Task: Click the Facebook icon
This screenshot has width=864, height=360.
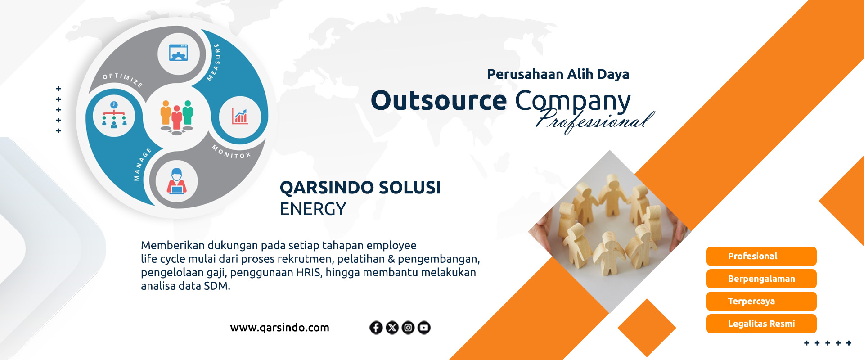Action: point(376,328)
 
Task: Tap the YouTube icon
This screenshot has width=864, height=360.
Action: point(424,328)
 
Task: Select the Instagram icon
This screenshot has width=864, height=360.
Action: point(408,328)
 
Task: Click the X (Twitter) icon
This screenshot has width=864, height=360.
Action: point(392,328)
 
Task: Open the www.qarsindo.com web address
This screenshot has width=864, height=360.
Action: point(279,328)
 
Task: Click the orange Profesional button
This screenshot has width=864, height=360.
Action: point(761,256)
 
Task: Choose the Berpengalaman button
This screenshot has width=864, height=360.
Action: point(761,279)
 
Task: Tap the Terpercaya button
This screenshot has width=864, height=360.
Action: point(761,301)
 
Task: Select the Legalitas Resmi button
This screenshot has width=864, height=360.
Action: point(761,324)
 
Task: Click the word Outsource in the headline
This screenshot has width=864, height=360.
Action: point(439,100)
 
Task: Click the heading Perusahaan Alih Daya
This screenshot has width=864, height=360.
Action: point(558,74)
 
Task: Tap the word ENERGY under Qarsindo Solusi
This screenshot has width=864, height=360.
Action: point(313,209)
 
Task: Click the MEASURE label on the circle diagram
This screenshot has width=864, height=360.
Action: point(214,63)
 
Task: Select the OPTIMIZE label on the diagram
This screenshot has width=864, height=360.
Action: point(123,80)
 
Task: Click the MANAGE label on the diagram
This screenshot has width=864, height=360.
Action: point(142,164)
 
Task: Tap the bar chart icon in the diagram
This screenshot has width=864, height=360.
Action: point(240,117)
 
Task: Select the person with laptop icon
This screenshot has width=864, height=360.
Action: point(177,181)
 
